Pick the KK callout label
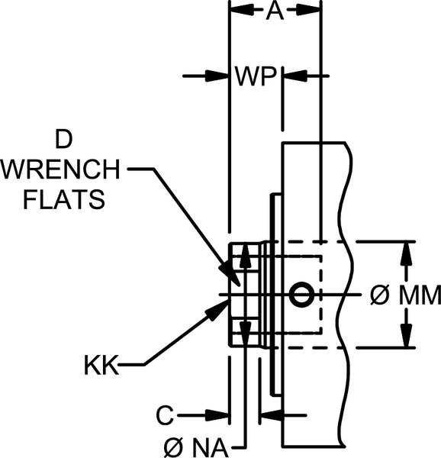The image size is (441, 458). (101, 366)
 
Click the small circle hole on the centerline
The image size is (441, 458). (301, 293)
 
